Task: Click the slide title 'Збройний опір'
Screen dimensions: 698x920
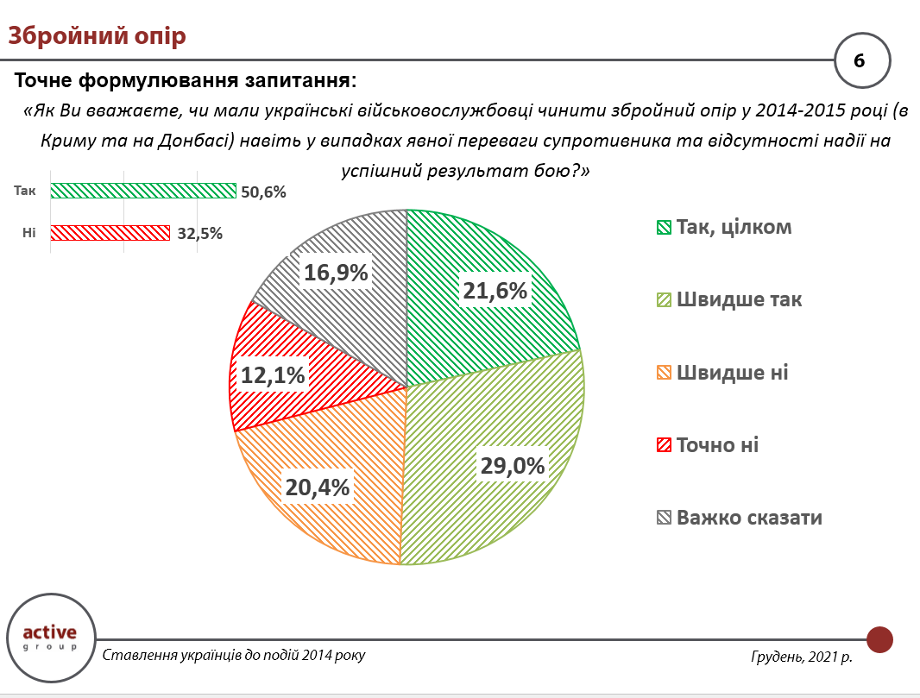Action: [x=97, y=36]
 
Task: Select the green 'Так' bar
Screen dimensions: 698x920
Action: [x=143, y=191]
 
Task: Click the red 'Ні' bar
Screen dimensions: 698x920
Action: [x=110, y=232]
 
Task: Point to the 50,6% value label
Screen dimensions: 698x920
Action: [x=263, y=192]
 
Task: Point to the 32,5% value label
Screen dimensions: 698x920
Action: [x=198, y=233]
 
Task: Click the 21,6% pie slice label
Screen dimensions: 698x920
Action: [x=495, y=292]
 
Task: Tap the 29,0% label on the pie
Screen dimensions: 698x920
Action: [x=513, y=466]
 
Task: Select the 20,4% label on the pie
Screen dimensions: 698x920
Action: [x=318, y=487]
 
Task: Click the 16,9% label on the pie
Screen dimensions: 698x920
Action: [x=336, y=273]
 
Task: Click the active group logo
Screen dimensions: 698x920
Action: [x=49, y=637]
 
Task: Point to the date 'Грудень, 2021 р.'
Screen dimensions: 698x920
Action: [x=802, y=657]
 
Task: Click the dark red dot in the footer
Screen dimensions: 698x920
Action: [x=879, y=639]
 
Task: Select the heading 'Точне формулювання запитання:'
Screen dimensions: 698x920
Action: [x=186, y=81]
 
